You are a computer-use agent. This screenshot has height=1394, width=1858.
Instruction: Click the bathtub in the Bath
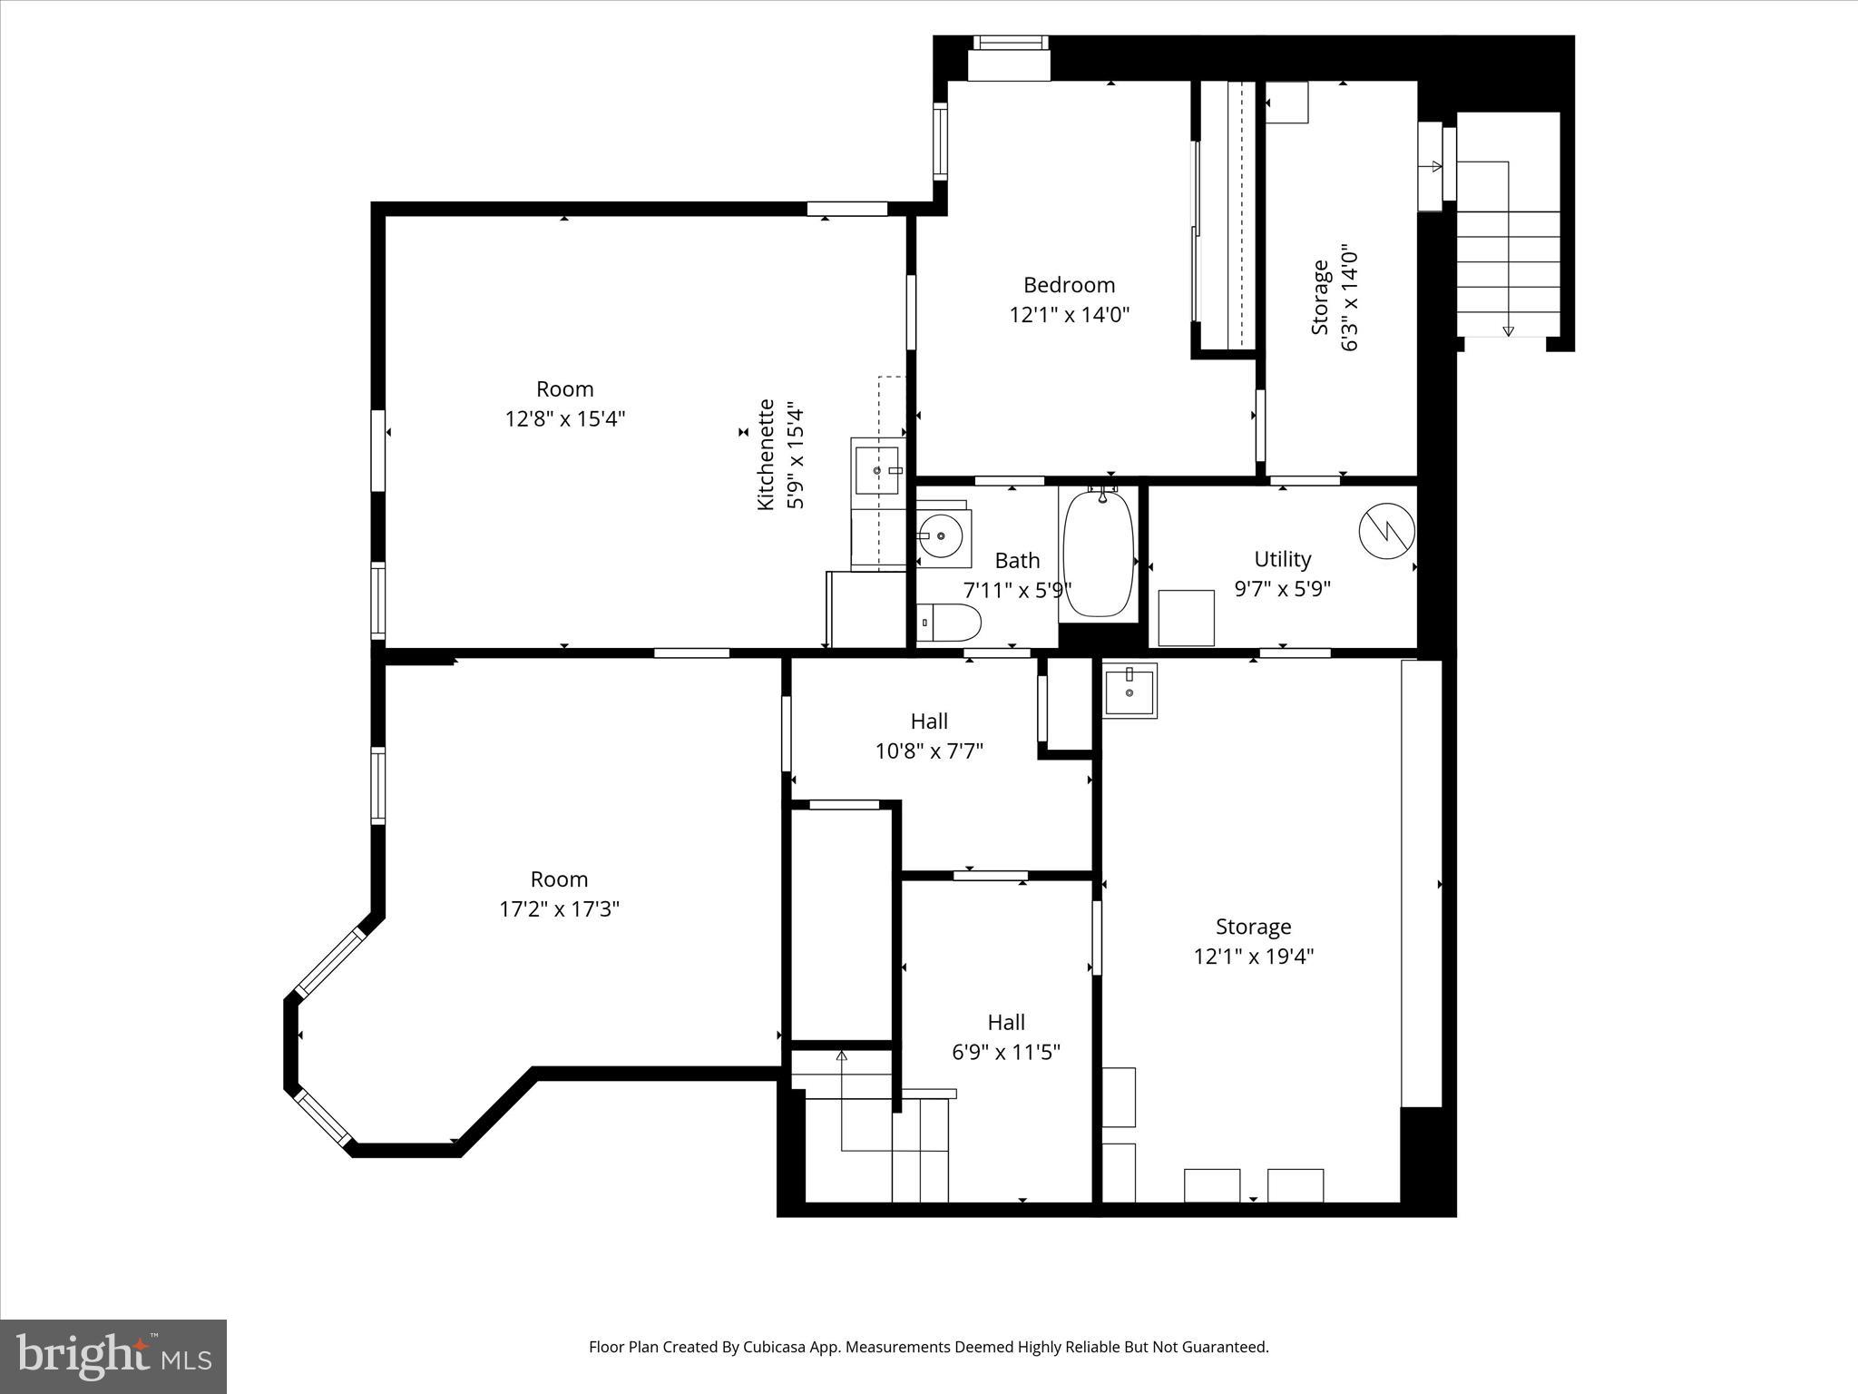tap(1099, 555)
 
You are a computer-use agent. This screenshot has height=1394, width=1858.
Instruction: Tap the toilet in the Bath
tap(949, 623)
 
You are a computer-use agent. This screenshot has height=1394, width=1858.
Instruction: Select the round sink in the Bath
tap(942, 535)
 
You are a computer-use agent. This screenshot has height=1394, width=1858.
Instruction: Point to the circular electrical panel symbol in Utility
tap(1386, 531)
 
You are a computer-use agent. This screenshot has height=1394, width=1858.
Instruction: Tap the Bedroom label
tap(1069, 285)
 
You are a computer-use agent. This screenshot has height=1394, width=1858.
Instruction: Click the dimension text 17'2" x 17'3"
tap(559, 908)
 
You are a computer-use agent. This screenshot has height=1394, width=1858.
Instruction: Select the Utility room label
tap(1282, 559)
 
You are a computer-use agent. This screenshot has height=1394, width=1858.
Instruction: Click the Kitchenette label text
tap(767, 454)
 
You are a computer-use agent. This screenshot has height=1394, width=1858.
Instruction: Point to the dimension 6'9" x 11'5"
tap(1005, 1052)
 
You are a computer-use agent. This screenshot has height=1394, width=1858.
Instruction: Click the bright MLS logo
tap(113, 1356)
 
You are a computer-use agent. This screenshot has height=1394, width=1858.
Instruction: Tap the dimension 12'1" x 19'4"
tap(1253, 957)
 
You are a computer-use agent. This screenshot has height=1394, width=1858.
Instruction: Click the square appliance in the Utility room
tap(1186, 618)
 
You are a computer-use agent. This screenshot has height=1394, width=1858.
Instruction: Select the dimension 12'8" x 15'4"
tap(564, 418)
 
